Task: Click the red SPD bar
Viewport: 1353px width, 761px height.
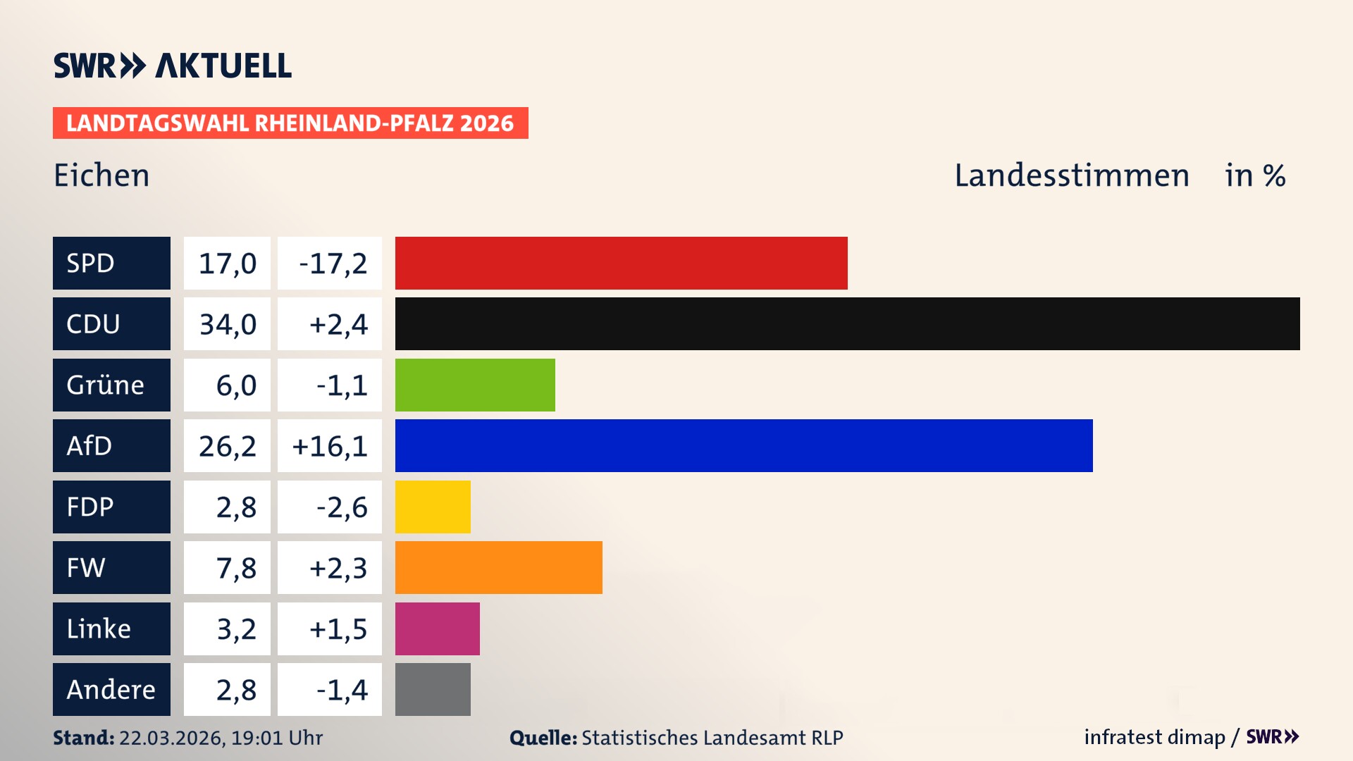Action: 621,263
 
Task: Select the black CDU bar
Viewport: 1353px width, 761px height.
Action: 847,323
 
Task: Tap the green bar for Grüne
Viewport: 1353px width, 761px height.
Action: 475,385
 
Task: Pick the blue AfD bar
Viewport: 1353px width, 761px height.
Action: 743,445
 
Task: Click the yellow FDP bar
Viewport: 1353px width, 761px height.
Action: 433,507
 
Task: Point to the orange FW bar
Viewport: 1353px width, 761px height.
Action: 498,567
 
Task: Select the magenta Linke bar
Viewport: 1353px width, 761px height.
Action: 437,629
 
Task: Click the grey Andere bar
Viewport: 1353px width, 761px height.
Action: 433,689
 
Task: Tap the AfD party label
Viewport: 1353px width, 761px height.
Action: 111,445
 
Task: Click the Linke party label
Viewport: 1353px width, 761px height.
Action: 111,629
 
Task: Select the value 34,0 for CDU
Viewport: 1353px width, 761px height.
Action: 227,324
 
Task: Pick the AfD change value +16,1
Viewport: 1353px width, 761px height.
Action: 330,446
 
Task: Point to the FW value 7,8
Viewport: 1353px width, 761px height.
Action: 235,568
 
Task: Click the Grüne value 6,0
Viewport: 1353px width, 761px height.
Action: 235,385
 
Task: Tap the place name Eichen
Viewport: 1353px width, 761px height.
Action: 101,175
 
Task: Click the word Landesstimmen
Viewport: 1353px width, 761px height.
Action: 1071,175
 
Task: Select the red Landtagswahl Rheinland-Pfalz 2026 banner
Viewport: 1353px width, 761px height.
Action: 290,123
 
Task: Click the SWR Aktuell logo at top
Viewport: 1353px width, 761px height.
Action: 173,66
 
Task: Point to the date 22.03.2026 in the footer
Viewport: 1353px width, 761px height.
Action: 171,738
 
